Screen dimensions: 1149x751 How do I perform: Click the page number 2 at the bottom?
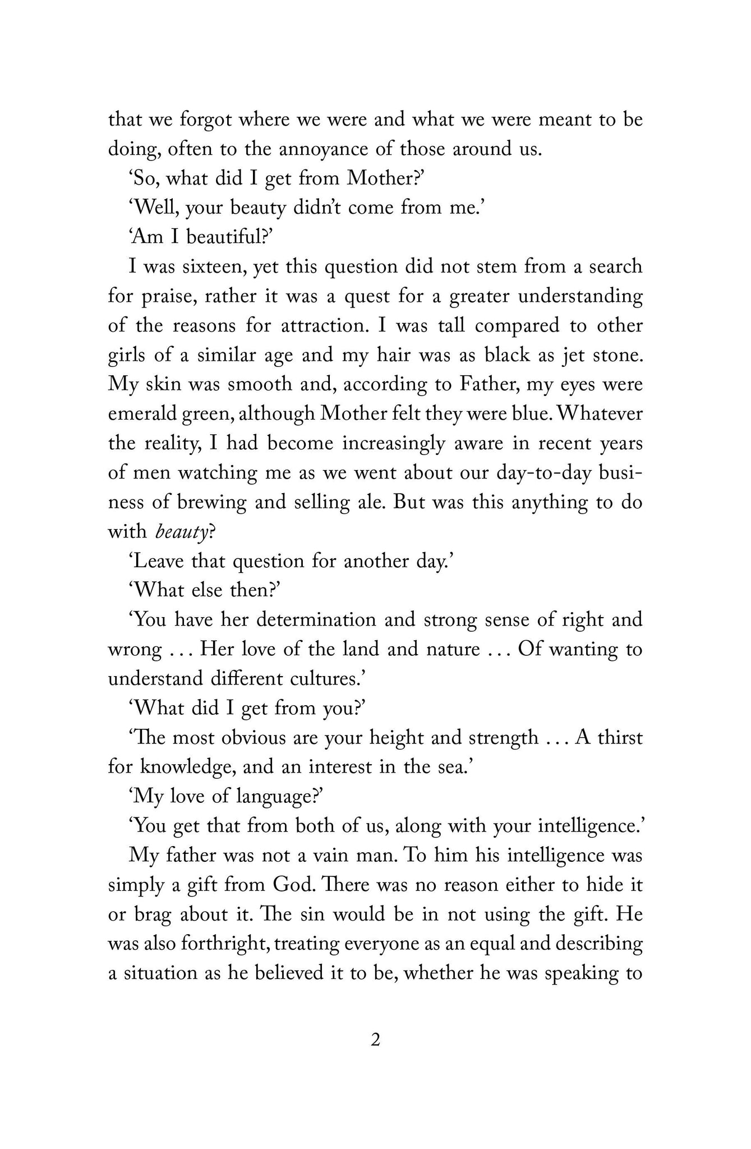point(375,1041)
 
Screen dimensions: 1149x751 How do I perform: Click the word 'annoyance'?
point(334,150)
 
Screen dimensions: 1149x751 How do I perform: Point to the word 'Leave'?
point(159,561)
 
